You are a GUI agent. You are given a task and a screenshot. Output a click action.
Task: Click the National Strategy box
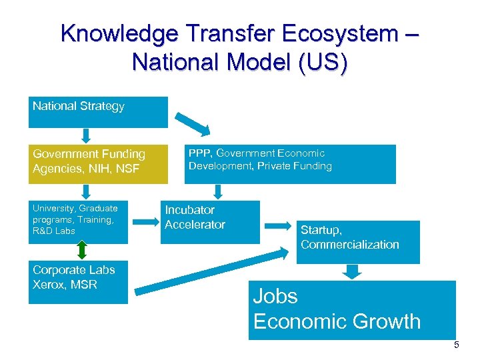[x=97, y=112]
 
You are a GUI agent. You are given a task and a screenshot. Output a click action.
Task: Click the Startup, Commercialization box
[x=357, y=241]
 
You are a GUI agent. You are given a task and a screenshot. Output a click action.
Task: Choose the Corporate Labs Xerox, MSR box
[x=77, y=283]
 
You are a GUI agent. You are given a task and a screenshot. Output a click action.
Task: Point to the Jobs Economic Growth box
[x=351, y=309]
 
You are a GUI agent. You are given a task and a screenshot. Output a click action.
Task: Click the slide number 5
[x=457, y=345]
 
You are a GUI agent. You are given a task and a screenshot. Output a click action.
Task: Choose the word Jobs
[x=275, y=296]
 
